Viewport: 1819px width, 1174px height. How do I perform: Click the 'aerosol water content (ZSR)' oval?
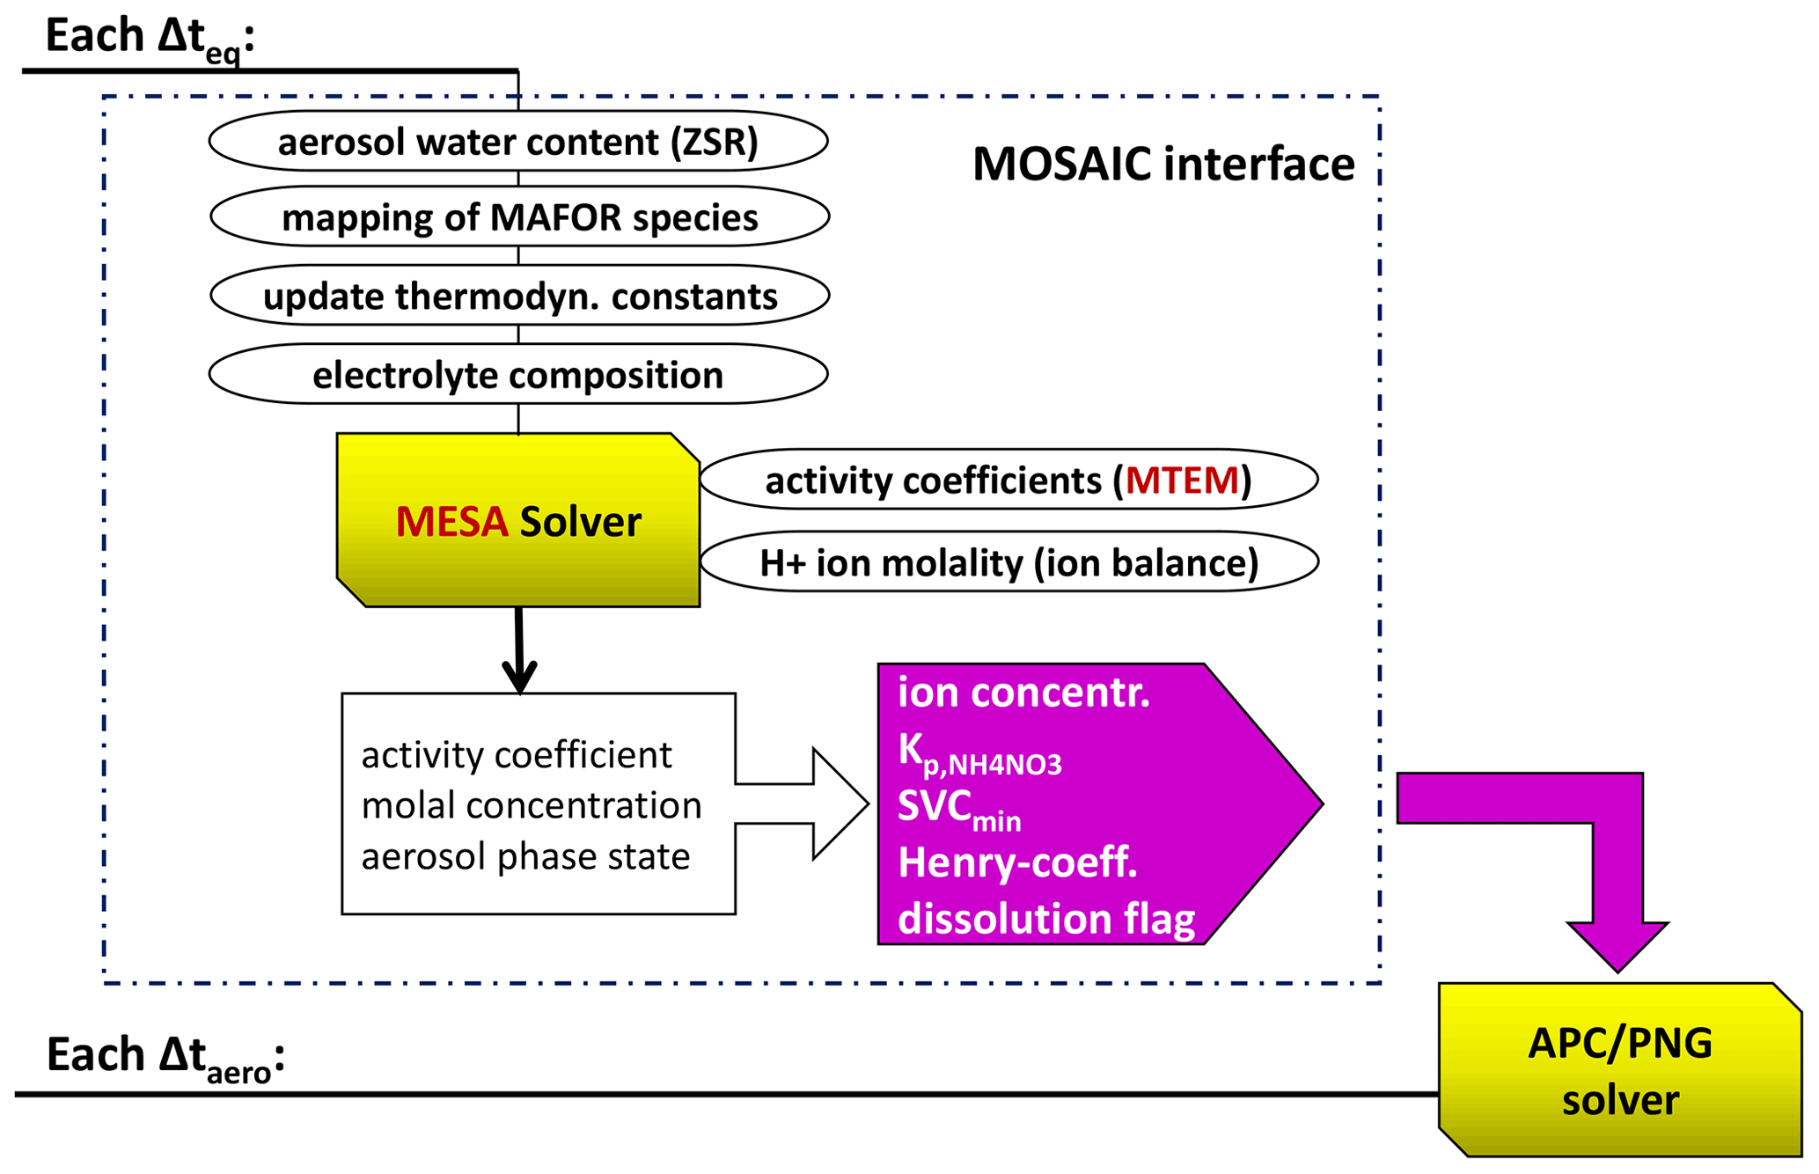(x=518, y=141)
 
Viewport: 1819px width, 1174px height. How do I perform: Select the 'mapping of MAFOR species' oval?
(x=519, y=216)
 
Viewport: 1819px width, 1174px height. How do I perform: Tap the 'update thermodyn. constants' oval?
(x=519, y=296)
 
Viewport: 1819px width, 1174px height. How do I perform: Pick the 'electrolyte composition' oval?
(x=518, y=374)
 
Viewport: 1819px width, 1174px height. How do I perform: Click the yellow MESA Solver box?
(x=518, y=520)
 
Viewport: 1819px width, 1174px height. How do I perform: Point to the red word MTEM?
(x=1182, y=481)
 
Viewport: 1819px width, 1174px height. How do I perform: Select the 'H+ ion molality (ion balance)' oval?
(x=1009, y=561)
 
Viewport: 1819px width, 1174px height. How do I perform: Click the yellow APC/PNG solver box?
(x=1620, y=1069)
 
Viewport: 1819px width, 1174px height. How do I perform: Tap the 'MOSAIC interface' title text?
(x=1163, y=165)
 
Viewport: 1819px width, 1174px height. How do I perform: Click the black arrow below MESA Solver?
(x=519, y=650)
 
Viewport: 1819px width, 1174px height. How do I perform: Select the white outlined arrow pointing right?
(x=802, y=803)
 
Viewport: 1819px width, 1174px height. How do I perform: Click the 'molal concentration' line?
(x=532, y=805)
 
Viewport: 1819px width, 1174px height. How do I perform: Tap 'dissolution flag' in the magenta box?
(x=1046, y=919)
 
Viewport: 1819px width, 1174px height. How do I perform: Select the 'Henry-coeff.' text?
(x=1017, y=863)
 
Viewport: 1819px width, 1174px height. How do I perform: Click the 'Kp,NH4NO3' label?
(x=979, y=755)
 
